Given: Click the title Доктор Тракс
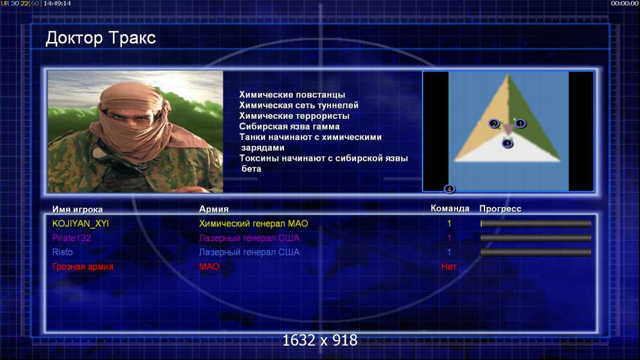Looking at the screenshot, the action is pyautogui.click(x=100, y=38).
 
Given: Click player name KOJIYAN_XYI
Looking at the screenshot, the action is pyautogui.click(x=80, y=224).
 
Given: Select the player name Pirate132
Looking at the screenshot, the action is pyautogui.click(x=71, y=238).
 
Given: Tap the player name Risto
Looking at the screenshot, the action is pyautogui.click(x=62, y=253).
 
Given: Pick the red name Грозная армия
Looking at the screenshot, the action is pyautogui.click(x=83, y=266).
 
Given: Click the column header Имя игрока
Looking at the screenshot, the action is pyautogui.click(x=77, y=209).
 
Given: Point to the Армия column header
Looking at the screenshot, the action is pyautogui.click(x=214, y=209).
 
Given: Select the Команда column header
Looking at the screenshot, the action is pyautogui.click(x=450, y=208).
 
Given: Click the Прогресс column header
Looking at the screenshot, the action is pyautogui.click(x=500, y=209).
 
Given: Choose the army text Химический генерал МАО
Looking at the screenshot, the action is pyautogui.click(x=253, y=224).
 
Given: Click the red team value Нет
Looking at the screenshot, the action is pyautogui.click(x=448, y=266).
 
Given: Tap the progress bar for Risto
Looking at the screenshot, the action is pyautogui.click(x=536, y=253).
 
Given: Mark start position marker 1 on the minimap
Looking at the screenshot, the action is pyautogui.click(x=520, y=124).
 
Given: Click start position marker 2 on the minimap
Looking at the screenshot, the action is pyautogui.click(x=494, y=124).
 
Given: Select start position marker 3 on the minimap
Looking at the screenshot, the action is pyautogui.click(x=507, y=143).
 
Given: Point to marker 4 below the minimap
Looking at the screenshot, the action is pyautogui.click(x=449, y=189).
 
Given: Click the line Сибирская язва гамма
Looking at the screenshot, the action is pyautogui.click(x=289, y=127).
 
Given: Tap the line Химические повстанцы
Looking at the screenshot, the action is pyautogui.click(x=292, y=95).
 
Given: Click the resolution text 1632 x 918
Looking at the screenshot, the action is pyautogui.click(x=320, y=340).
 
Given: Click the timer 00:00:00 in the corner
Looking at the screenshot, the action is pyautogui.click(x=624, y=4).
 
